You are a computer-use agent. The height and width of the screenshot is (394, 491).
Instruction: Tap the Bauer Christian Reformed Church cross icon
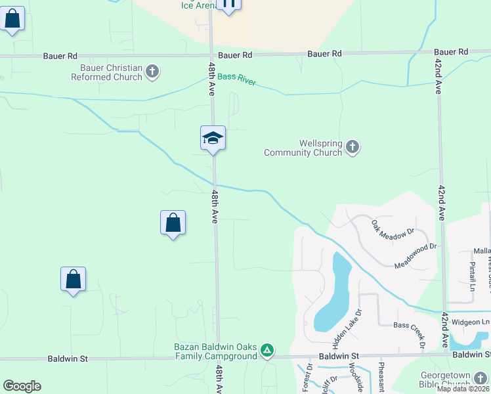tap(152, 72)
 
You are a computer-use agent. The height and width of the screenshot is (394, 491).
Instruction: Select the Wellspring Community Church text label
tap(303, 148)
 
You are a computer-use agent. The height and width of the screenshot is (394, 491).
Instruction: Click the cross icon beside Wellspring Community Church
tap(352, 147)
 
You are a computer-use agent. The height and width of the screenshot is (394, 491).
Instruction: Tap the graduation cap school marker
tap(213, 138)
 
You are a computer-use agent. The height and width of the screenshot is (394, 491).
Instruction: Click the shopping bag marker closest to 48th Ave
tap(173, 223)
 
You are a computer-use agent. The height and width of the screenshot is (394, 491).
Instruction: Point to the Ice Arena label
tap(200, 5)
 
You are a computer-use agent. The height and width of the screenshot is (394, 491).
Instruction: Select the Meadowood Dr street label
tap(415, 255)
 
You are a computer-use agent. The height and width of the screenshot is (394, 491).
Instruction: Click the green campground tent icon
tap(267, 350)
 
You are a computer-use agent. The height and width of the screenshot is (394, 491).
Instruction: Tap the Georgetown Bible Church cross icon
tap(480, 378)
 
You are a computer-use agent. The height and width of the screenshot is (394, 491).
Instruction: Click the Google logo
tap(22, 386)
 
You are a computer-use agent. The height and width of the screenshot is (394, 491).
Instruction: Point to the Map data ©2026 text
tap(463, 389)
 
